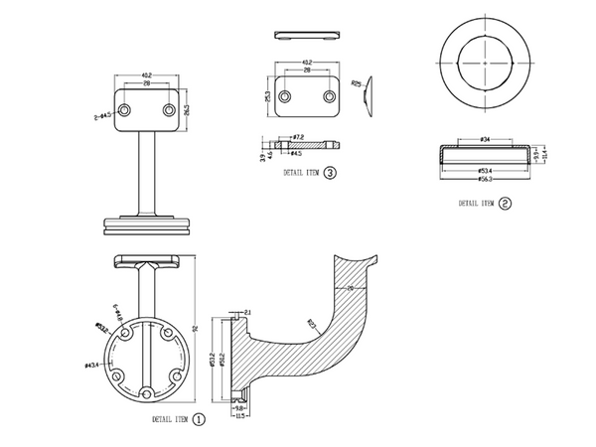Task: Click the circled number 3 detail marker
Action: pyautogui.click(x=329, y=172)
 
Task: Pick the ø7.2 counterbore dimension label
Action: pyautogui.click(x=297, y=136)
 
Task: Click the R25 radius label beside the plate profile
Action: pyautogui.click(x=356, y=83)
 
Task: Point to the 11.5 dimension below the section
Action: pyautogui.click(x=239, y=415)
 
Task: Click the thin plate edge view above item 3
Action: pyautogui.click(x=305, y=34)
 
